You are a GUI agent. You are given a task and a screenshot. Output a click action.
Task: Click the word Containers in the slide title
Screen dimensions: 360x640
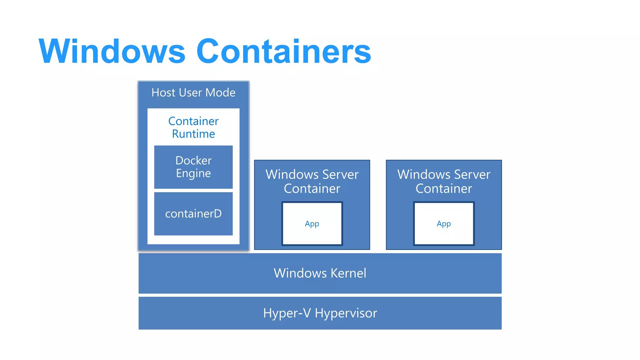(283, 51)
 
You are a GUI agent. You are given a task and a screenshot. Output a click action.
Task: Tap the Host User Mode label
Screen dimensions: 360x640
(193, 92)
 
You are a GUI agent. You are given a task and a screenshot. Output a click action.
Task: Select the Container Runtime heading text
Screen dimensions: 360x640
(193, 127)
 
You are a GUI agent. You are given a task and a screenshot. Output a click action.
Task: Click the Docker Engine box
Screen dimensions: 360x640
(193, 167)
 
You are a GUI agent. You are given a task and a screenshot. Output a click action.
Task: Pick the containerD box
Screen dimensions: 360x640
(193, 214)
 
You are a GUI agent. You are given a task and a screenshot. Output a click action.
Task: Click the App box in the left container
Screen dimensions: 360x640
(312, 224)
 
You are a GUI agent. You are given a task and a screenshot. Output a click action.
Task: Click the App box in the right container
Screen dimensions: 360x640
(444, 224)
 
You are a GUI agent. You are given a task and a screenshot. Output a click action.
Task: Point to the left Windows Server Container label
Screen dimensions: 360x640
(312, 181)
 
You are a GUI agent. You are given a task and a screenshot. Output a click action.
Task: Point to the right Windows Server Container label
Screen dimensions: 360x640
(444, 181)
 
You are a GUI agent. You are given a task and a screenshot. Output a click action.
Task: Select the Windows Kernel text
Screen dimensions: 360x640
(320, 273)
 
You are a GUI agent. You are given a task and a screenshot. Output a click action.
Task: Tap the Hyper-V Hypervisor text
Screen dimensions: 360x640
(320, 313)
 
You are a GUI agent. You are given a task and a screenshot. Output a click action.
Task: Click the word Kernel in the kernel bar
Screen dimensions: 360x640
(348, 273)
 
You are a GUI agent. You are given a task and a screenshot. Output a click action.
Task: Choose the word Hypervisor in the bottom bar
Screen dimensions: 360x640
(346, 313)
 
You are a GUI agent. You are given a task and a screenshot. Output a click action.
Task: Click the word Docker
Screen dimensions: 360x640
(193, 160)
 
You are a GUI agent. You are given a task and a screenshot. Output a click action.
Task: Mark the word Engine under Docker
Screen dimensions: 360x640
(193, 173)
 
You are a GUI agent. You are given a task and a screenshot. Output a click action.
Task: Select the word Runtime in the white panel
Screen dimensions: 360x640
(193, 134)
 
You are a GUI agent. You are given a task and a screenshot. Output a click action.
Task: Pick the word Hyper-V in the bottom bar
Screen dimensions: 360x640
(287, 313)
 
